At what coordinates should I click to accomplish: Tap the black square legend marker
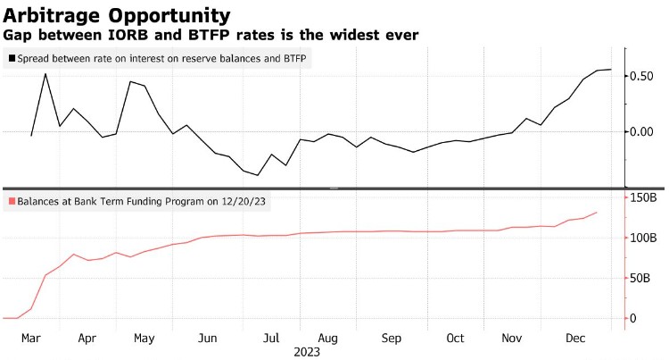(x=11, y=58)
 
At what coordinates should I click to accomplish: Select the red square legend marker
(x=11, y=201)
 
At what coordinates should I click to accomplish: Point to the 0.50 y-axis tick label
(x=644, y=76)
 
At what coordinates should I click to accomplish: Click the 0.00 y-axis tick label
(x=644, y=132)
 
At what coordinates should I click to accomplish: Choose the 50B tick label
(x=640, y=278)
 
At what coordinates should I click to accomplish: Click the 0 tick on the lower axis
(x=632, y=318)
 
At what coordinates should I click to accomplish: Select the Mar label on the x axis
(x=31, y=339)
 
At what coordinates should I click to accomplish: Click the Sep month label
(x=391, y=339)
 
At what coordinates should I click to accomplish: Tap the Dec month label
(x=574, y=339)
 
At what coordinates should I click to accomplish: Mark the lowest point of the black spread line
(x=258, y=175)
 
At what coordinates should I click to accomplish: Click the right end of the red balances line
(x=597, y=213)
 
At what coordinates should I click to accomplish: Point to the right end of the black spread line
(x=611, y=69)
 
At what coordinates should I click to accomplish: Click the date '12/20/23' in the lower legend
(x=246, y=201)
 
